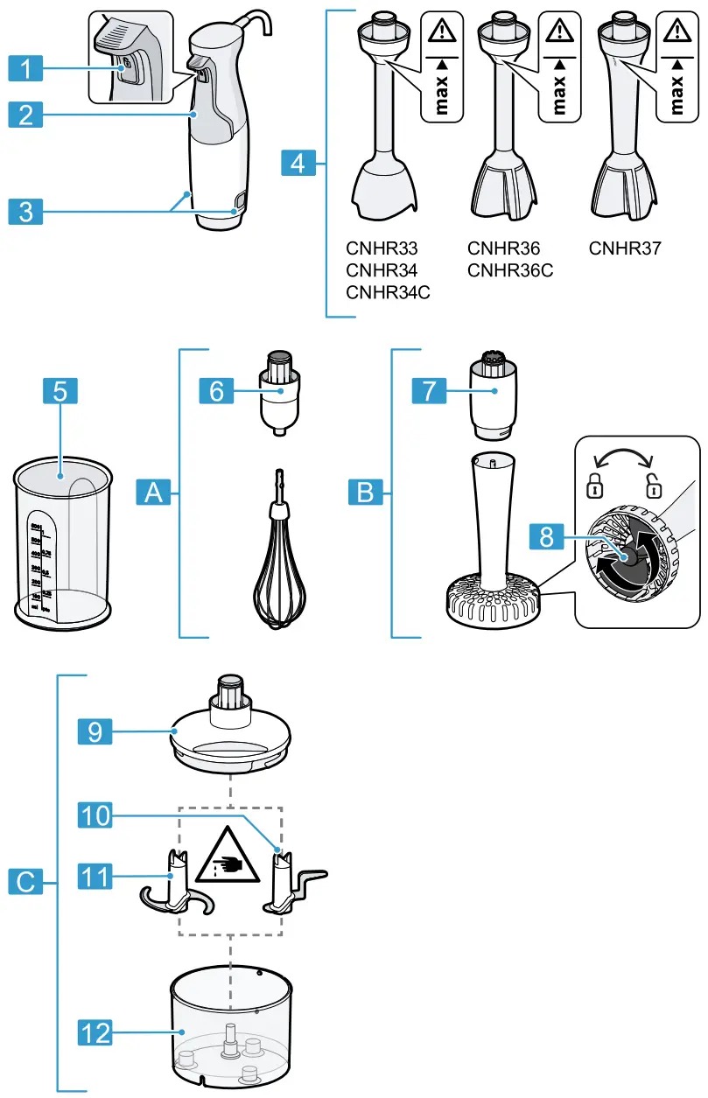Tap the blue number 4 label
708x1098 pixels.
pos(299,163)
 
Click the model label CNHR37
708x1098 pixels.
pos(624,248)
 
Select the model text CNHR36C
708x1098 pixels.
pos(510,270)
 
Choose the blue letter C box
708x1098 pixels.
pos(28,883)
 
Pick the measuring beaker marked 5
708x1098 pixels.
pos(63,542)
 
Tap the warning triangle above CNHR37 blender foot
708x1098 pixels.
pos(675,32)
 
